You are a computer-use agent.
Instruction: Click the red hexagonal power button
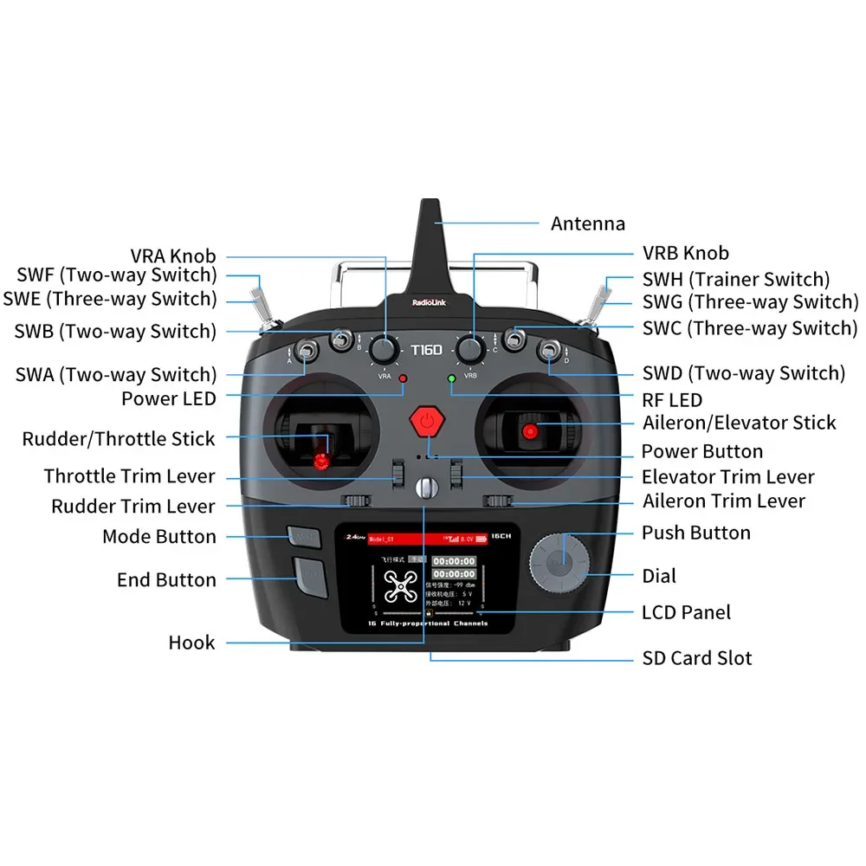click(x=425, y=423)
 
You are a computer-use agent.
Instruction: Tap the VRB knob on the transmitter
click(x=470, y=350)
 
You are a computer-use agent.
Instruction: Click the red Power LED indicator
click(x=403, y=379)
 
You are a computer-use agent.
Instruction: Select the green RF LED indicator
click(x=450, y=379)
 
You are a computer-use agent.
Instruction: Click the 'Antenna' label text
click(x=587, y=223)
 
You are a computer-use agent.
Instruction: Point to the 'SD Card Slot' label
click(x=696, y=658)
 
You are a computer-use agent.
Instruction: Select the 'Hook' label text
click(x=191, y=643)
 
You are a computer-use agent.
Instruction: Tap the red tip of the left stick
click(x=322, y=462)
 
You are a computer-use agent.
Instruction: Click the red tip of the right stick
click(x=530, y=430)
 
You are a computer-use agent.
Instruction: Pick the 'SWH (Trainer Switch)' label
click(x=735, y=279)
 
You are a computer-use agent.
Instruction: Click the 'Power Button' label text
click(x=701, y=451)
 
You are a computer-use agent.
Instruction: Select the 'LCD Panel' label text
click(x=686, y=612)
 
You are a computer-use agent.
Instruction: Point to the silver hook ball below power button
click(x=424, y=488)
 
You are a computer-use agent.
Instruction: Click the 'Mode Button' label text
click(x=159, y=536)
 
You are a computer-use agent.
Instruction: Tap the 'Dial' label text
click(x=659, y=576)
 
